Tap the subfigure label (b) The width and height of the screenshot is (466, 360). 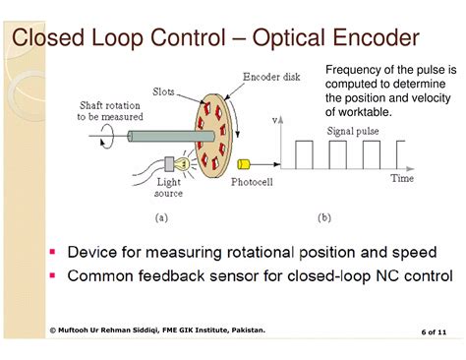click(323, 216)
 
